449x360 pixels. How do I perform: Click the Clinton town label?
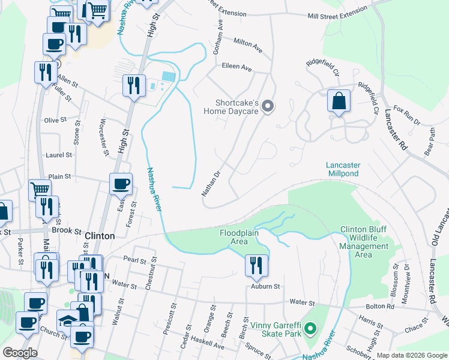100,236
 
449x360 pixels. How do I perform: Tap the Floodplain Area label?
234,237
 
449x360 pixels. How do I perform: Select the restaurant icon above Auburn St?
256,265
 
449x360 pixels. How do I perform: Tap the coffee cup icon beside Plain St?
121,184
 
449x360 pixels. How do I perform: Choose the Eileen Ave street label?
237,68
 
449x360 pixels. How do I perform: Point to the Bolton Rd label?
382,307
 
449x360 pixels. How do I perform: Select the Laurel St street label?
59,155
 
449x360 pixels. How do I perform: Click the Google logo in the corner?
20,352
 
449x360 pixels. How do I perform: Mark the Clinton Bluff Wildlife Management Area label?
364,242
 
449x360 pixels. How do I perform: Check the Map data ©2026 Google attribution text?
412,355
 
